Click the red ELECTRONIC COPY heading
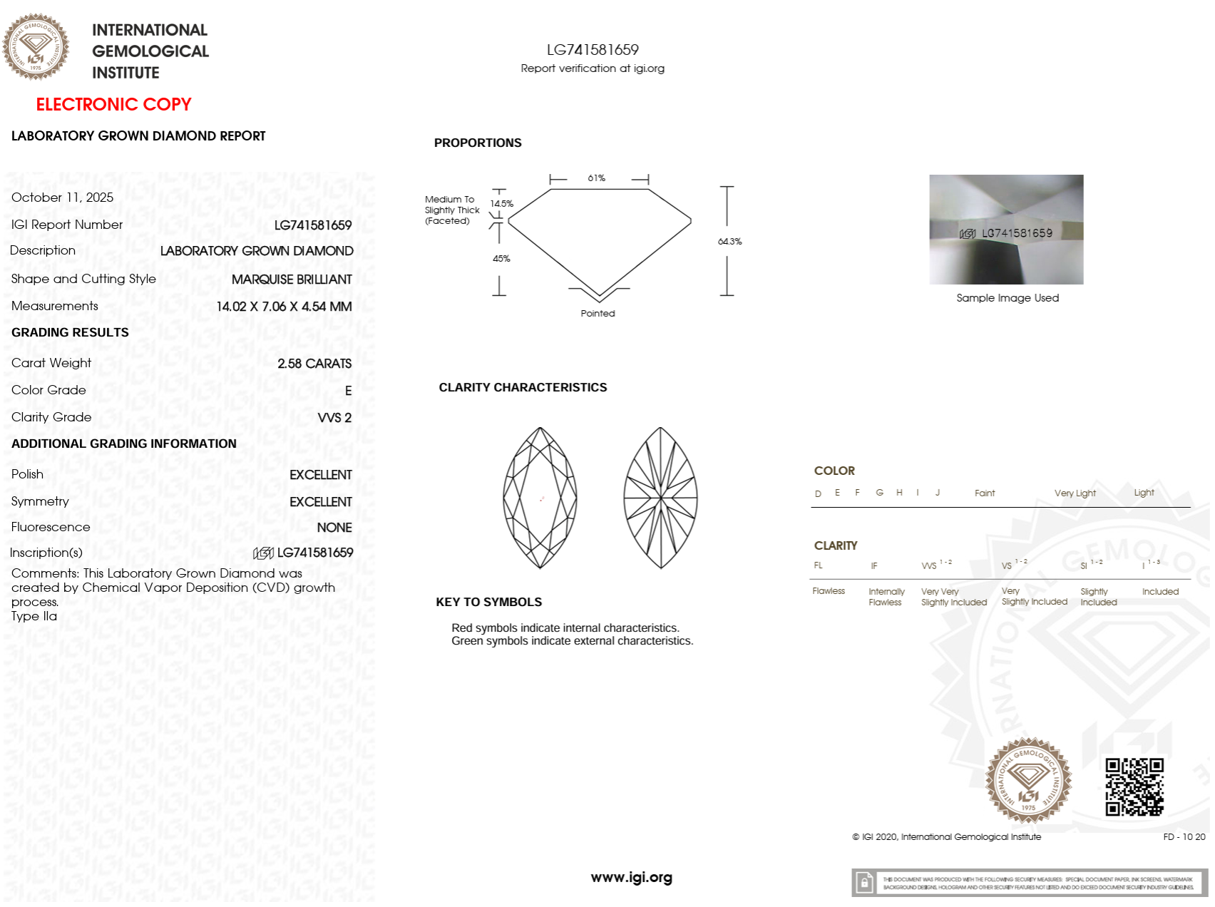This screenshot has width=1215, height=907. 113,105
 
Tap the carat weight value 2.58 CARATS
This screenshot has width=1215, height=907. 314,364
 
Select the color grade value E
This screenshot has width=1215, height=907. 348,391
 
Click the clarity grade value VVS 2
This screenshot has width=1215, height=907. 334,418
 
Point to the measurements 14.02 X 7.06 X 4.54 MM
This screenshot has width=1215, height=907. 284,307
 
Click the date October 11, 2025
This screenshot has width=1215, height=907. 62,198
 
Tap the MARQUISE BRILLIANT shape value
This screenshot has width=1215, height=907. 292,280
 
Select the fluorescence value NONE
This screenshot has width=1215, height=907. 334,528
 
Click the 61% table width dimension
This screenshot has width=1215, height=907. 596,178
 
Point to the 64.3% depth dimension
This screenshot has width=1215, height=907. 729,242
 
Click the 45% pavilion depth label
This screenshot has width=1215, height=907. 501,259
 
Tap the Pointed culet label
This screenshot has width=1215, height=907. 598,314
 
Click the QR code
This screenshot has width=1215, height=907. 1134,786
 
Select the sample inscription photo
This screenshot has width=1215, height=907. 1006,230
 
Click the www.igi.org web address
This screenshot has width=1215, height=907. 631,878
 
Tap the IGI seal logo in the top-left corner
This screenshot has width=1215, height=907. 36,47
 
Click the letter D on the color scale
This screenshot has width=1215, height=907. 818,493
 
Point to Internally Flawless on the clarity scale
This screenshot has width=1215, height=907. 886,597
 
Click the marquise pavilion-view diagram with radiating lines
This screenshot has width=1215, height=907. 660,498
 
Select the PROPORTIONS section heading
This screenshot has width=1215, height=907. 478,143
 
